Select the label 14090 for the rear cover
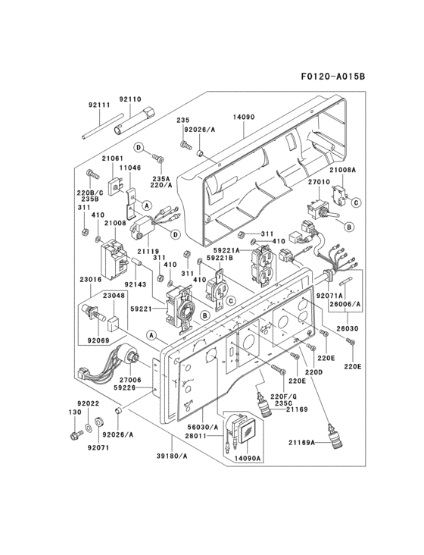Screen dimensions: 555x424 click(x=244, y=118)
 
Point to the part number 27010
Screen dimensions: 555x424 click(x=318, y=182)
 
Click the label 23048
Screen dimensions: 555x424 click(x=115, y=296)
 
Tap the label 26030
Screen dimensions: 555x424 click(x=349, y=329)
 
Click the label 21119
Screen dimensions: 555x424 click(x=148, y=250)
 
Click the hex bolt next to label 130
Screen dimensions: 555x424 click(x=74, y=434)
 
